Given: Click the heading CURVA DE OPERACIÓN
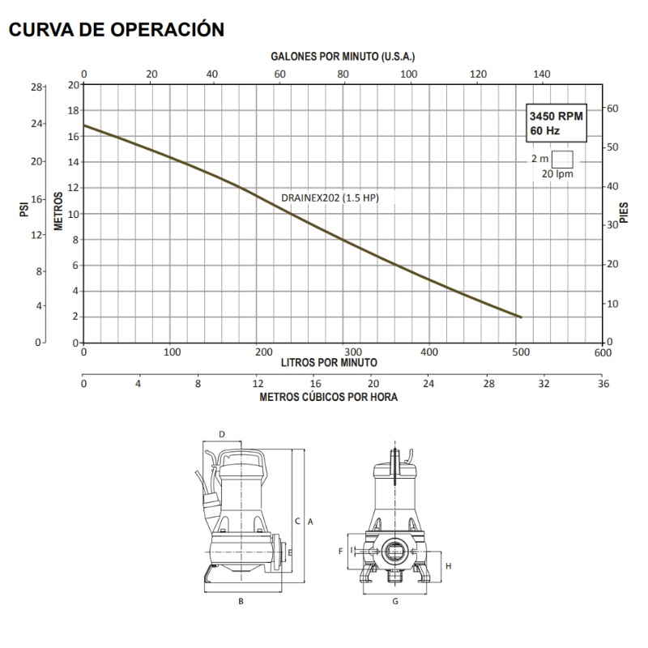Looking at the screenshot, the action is point(117,30).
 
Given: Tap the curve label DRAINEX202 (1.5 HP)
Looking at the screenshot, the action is point(330,198).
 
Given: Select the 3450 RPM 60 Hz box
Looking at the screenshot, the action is point(556,123).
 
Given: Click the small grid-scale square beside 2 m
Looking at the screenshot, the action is point(562,160).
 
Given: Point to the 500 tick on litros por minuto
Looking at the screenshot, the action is point(521,352).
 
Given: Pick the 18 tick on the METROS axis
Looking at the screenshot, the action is point(73,111).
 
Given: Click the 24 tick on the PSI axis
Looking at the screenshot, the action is point(36,124).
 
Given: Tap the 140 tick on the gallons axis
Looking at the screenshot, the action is point(541,75).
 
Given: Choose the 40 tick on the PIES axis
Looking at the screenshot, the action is point(612,186).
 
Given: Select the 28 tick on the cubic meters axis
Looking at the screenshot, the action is point(489,384).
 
